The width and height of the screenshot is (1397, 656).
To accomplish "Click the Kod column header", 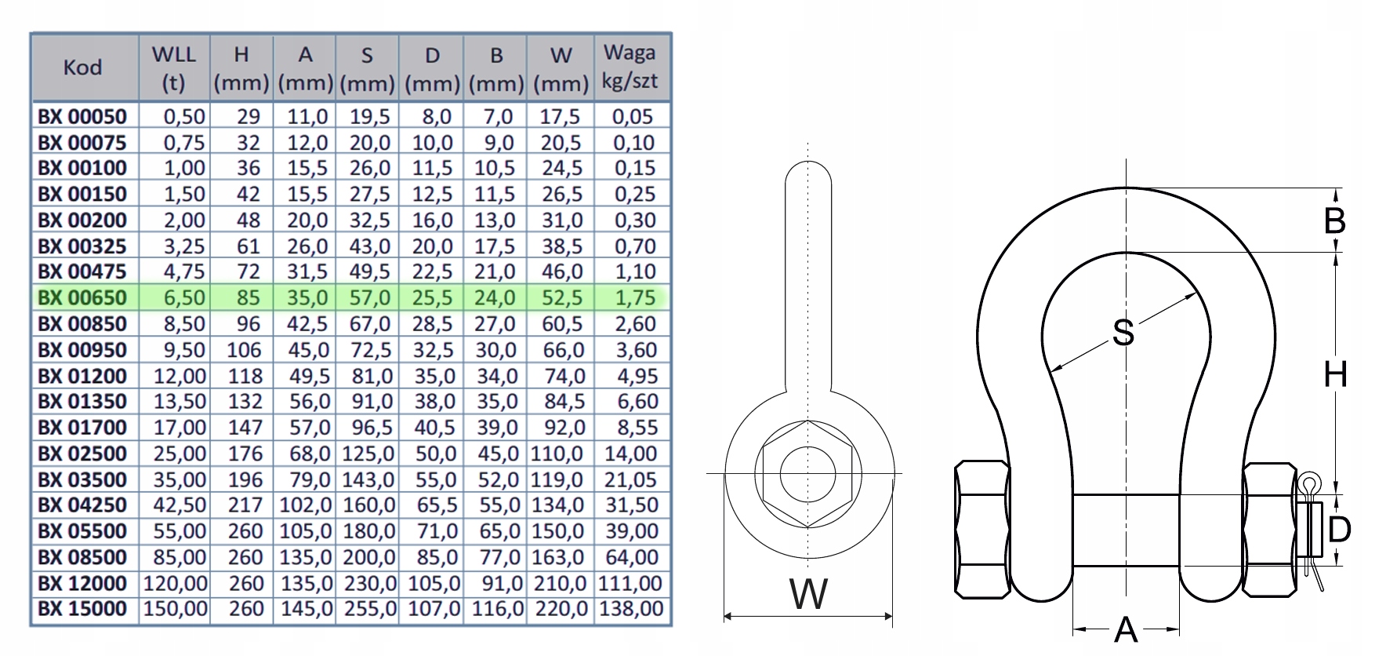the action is click(x=83, y=67).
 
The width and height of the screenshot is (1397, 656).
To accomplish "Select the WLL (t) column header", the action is click(x=174, y=68).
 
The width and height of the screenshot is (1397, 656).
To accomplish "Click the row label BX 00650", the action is click(x=82, y=297).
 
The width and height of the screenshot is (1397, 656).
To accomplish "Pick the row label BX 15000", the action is click(x=82, y=609).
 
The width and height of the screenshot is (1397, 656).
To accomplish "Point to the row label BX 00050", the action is click(x=82, y=116).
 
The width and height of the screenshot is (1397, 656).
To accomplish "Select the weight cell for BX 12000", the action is click(x=630, y=583).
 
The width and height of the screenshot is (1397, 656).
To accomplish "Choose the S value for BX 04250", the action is click(x=368, y=505).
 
